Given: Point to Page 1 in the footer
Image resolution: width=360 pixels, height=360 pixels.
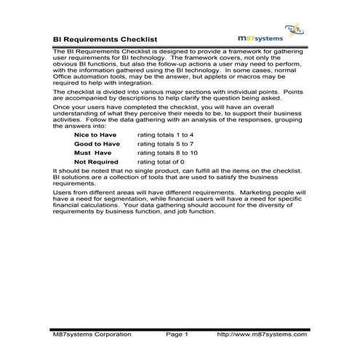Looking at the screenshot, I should coord(177,334).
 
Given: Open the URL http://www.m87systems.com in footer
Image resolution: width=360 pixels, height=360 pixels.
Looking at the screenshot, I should coord(263,334).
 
